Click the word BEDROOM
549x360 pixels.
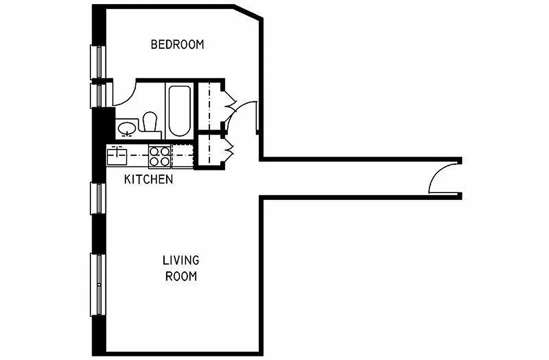pyautogui.click(x=177, y=45)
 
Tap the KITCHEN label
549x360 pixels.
pyautogui.click(x=148, y=179)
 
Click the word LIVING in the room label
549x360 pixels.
pyautogui.click(x=181, y=260)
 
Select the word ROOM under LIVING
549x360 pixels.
pyautogui.click(x=181, y=276)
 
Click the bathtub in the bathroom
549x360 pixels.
pyautogui.click(x=179, y=110)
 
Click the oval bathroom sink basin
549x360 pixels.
pyautogui.click(x=127, y=128)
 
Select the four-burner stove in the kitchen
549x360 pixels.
pyautogui.click(x=160, y=157)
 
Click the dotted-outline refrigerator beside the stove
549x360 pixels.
pyautogui.click(x=183, y=157)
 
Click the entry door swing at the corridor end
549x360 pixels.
pyautogui.click(x=442, y=179)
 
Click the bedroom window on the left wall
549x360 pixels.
pyautogui.click(x=97, y=62)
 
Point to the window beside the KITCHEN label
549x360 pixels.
pyautogui.click(x=97, y=198)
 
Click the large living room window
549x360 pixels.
pyautogui.click(x=97, y=284)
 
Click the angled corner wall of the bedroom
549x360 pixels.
pyautogui.click(x=249, y=12)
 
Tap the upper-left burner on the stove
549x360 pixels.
pyautogui.click(x=155, y=152)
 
